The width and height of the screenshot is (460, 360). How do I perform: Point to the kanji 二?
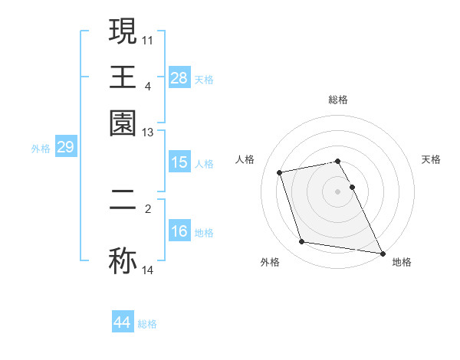pos(123,205)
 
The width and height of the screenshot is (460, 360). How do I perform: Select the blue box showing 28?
pos(179,78)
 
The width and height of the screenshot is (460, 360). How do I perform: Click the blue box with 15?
pos(179,162)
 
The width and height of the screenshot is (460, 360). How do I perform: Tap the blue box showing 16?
pos(179,231)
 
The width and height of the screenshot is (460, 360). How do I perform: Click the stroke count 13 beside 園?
pos(147,133)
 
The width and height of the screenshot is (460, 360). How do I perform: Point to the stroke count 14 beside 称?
pos(147,270)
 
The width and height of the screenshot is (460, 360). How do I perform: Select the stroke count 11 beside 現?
pos(147,38)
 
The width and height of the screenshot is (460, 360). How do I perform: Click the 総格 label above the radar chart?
pos(338,100)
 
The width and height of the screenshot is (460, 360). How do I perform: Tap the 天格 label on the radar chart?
pos(431,159)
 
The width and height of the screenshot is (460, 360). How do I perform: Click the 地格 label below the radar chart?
pos(402,263)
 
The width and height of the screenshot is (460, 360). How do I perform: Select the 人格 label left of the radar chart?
pos(245,159)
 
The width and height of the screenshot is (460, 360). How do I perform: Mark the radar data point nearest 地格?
pos(382,252)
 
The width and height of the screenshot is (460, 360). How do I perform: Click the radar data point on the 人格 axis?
pos(280,172)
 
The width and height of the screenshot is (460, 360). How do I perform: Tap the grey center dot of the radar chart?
pos(338,191)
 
